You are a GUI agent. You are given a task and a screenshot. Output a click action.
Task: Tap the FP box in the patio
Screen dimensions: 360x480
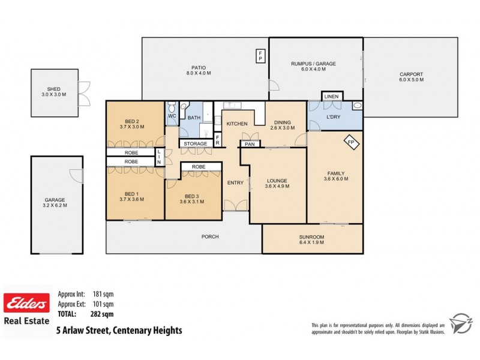pos(260,56)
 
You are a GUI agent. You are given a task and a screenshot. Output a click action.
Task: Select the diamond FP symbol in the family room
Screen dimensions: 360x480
pos(352,143)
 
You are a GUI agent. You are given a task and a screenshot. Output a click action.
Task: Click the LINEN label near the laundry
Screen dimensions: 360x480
pos(331,97)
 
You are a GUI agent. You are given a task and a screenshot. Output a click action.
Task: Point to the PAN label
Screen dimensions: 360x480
pos(249,144)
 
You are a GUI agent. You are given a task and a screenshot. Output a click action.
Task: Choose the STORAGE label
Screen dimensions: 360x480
pos(196,144)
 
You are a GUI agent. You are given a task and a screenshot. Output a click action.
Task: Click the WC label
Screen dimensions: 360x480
pos(172,116)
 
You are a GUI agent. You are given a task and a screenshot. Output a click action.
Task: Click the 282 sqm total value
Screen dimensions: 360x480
pos(103,313)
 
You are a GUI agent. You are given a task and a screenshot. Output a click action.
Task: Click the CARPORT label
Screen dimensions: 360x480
pos(412,74)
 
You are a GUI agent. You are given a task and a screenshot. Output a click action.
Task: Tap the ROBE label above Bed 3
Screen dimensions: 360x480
pos(198,167)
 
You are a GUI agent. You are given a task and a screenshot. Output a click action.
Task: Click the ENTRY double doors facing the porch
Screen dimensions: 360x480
pos(235,206)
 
